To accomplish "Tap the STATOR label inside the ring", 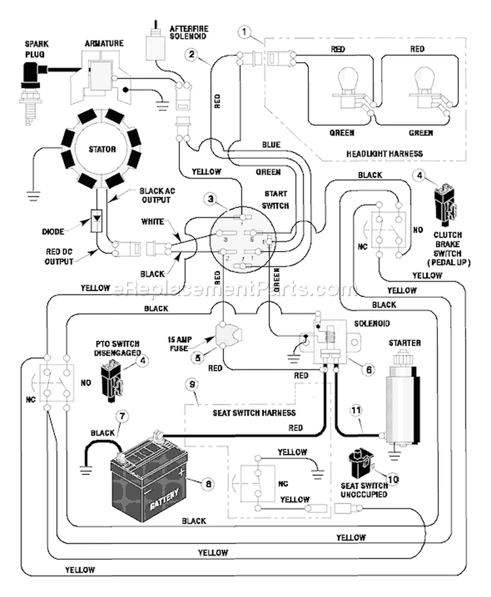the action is click(x=102, y=149).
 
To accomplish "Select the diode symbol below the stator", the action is click(x=96, y=220).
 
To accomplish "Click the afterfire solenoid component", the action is click(x=155, y=43).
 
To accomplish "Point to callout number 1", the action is click(x=244, y=32).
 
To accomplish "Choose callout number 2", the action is click(x=192, y=54).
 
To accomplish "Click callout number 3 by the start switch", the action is click(x=211, y=199).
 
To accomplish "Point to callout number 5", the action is click(x=198, y=358).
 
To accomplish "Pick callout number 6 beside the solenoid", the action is click(x=369, y=369).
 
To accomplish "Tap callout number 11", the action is click(x=356, y=411).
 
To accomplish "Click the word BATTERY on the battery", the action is click(x=164, y=499).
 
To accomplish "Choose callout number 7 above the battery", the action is click(x=122, y=417).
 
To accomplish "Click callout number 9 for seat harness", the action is click(x=192, y=384).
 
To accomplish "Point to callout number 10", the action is click(x=393, y=479).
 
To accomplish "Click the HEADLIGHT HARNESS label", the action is click(x=384, y=154).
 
